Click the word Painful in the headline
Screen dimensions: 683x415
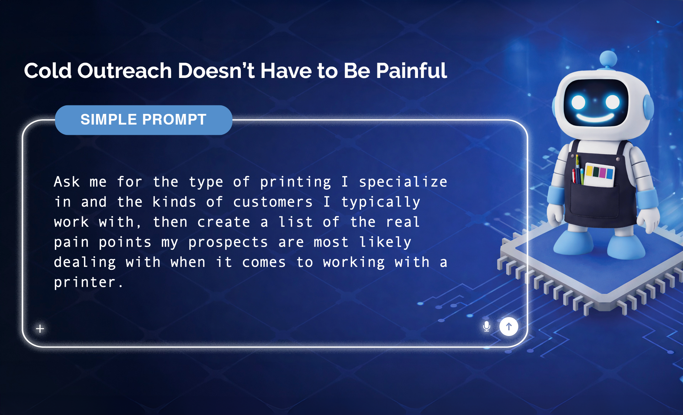click(411, 70)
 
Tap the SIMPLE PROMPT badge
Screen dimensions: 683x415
click(144, 120)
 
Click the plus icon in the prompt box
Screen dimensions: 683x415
click(40, 329)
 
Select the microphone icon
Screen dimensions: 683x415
click(487, 326)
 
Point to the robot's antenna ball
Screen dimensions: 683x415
click(608, 58)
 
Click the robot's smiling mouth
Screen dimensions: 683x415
click(595, 117)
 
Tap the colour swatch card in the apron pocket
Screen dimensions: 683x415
click(600, 174)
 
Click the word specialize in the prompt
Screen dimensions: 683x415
click(403, 182)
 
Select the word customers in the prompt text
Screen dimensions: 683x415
click(273, 202)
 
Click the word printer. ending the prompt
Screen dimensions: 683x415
click(89, 283)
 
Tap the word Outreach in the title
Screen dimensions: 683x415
click(125, 70)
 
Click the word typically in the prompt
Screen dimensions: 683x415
click(381, 202)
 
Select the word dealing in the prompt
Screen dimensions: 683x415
click(85, 263)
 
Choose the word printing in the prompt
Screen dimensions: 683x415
click(296, 182)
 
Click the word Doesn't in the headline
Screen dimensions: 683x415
click(216, 70)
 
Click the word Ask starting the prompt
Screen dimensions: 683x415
click(67, 182)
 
